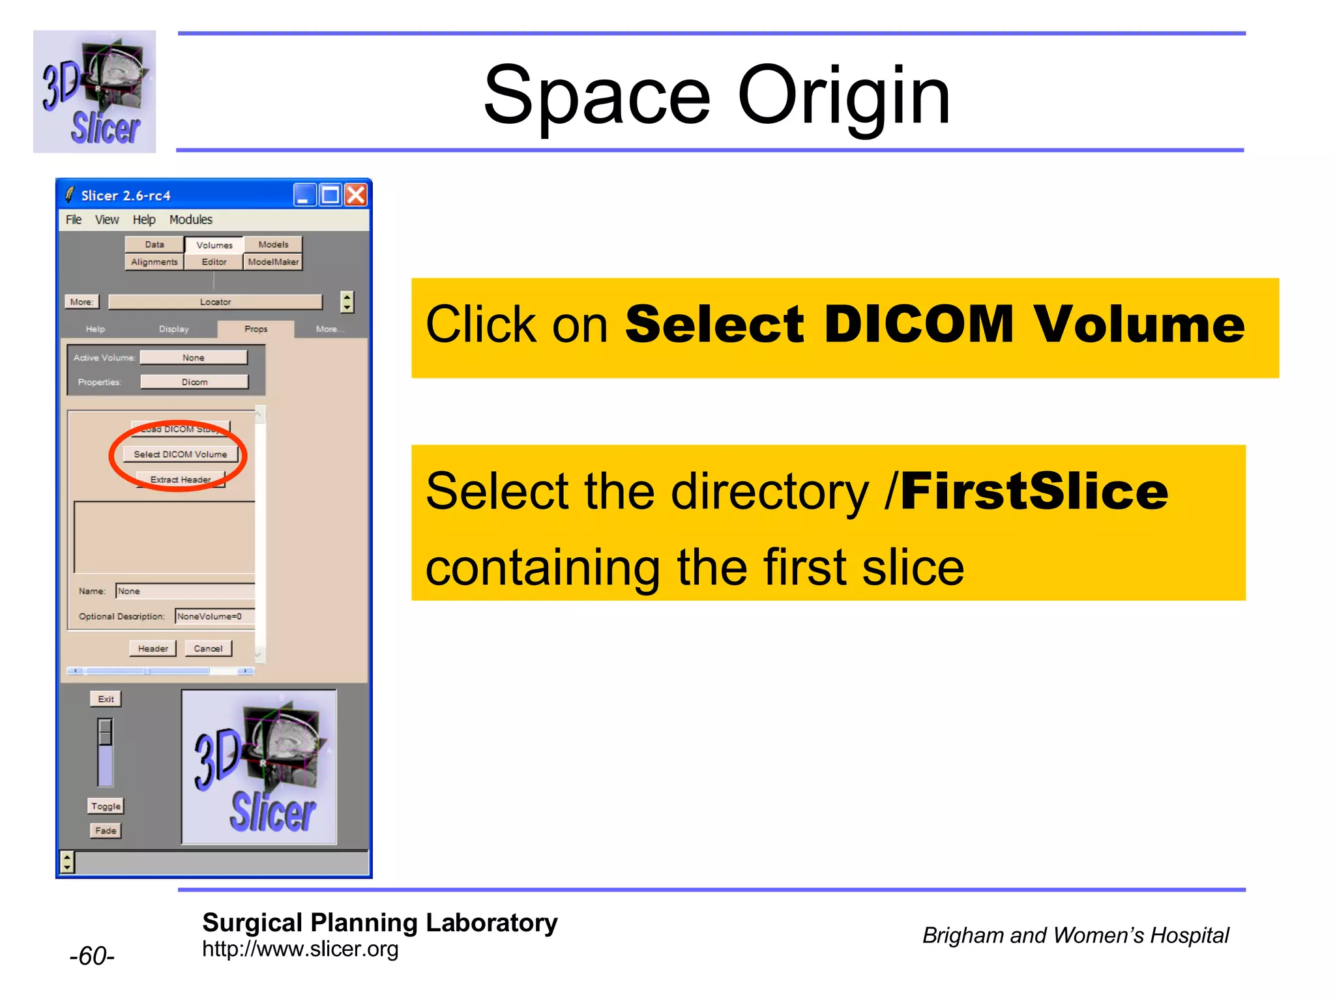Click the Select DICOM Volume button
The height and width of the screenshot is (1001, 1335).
181,454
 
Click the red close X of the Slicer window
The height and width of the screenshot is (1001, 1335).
356,195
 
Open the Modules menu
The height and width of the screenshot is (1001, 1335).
190,220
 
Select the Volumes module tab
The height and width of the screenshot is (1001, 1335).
214,245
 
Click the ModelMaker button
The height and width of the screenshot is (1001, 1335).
273,262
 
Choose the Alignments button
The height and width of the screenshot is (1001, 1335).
154,262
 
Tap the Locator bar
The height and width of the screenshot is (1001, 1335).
215,302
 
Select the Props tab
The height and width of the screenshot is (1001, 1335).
256,329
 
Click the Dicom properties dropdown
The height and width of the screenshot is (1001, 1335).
194,382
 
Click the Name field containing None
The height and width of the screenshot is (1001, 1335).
184,591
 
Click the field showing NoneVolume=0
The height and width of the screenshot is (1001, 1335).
214,617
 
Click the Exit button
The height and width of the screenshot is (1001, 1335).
106,699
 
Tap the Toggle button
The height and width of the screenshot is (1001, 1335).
106,806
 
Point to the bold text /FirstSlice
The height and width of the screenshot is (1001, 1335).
1027,492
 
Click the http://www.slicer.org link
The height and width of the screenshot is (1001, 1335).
300,949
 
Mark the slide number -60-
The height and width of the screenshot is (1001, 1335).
92,956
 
